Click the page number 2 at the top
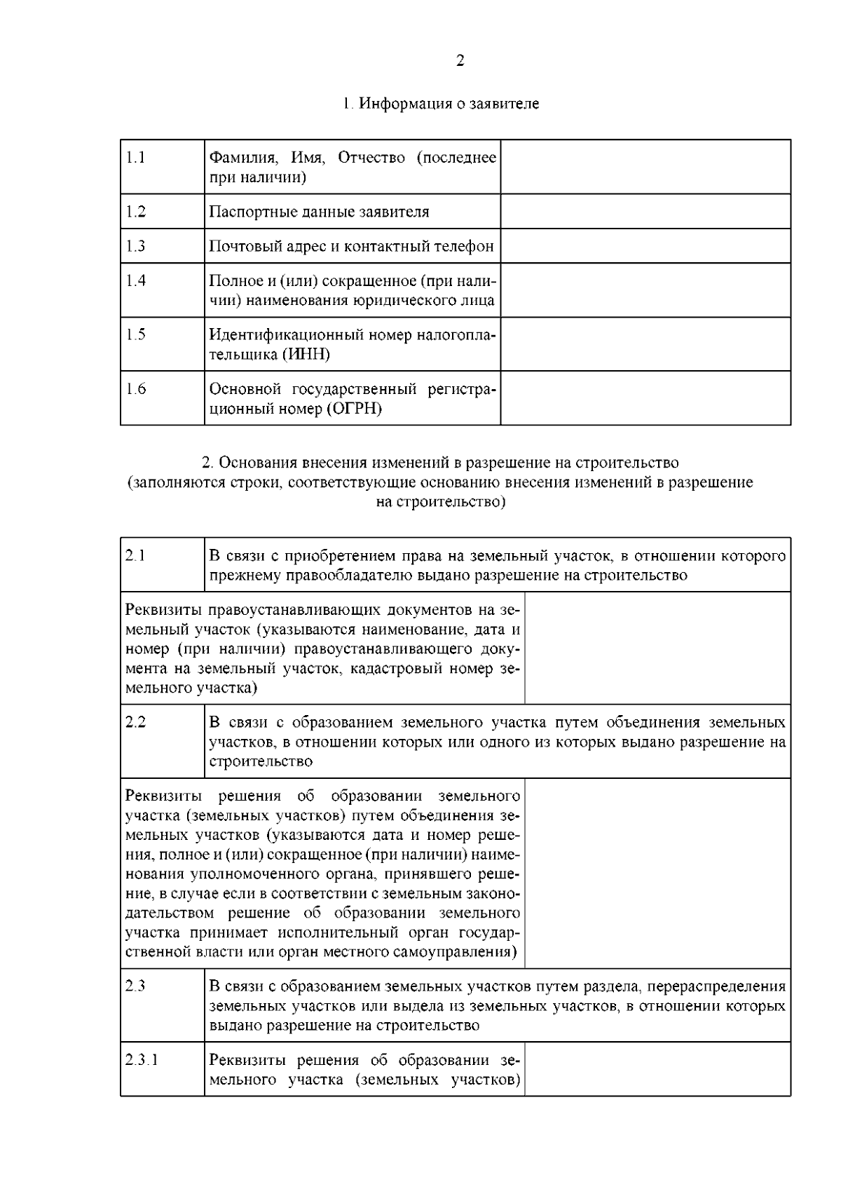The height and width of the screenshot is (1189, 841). [460, 61]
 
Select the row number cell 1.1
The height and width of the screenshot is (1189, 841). [136, 157]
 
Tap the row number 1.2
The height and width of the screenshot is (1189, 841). [136, 212]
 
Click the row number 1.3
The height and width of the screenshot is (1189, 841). [136, 246]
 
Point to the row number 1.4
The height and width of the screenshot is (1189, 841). [136, 280]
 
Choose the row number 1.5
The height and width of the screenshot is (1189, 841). [136, 334]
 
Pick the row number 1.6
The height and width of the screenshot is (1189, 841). [136, 388]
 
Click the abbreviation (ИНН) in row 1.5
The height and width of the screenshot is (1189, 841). [306, 355]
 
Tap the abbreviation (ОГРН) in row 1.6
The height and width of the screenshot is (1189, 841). [354, 409]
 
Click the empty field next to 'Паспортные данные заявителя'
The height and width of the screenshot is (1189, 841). [645, 211]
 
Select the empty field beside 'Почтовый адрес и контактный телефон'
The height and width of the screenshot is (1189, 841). [645, 246]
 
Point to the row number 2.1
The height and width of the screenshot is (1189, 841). [136, 555]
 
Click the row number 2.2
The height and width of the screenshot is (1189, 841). [136, 722]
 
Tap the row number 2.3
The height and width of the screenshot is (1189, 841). [136, 986]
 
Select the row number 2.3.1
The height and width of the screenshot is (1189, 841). [142, 1059]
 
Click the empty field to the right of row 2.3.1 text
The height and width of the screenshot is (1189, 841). [657, 1069]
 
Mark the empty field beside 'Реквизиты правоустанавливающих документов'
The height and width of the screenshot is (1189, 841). [657, 648]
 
